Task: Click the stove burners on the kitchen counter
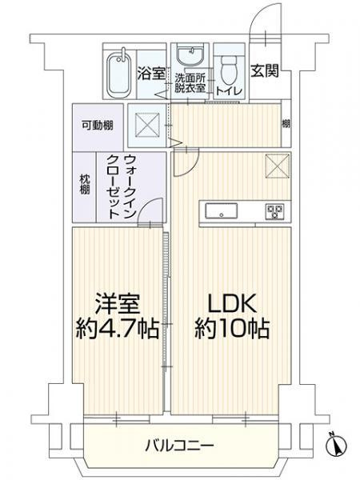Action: (275, 211)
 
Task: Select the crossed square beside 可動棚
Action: (149, 126)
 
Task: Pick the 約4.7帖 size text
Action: (118, 329)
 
